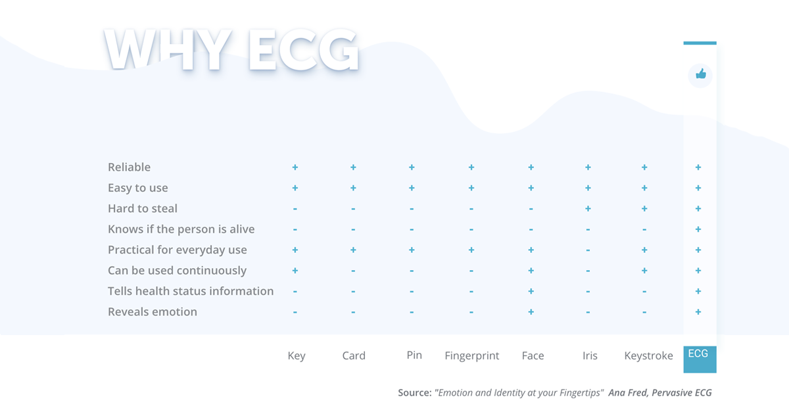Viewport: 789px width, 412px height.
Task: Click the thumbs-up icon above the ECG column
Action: (x=701, y=74)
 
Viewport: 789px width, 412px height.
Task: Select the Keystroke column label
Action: (x=648, y=355)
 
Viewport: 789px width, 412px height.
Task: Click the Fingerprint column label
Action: (x=471, y=356)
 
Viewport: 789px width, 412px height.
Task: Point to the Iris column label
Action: (x=590, y=355)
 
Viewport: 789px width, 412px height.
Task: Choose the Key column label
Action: (x=297, y=356)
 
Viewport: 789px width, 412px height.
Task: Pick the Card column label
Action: (x=354, y=355)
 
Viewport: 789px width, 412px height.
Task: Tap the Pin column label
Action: (x=414, y=355)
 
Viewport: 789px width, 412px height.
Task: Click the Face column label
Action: (x=533, y=355)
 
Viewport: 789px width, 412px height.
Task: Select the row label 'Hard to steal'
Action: (x=143, y=208)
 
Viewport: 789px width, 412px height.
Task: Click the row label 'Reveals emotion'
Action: (x=153, y=311)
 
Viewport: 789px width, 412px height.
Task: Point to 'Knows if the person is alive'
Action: (x=181, y=229)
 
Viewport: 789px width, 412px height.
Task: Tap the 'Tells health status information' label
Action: (x=191, y=291)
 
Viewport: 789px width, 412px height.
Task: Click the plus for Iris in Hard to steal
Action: (x=588, y=208)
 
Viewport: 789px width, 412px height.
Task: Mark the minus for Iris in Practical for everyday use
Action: (x=588, y=250)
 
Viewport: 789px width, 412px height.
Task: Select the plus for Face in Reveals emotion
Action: (x=531, y=311)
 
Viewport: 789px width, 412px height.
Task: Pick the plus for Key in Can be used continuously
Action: (x=295, y=271)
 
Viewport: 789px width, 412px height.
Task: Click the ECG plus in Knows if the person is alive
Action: (x=698, y=229)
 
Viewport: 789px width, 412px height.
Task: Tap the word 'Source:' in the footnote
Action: (x=415, y=393)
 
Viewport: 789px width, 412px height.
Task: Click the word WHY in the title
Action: (x=168, y=50)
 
